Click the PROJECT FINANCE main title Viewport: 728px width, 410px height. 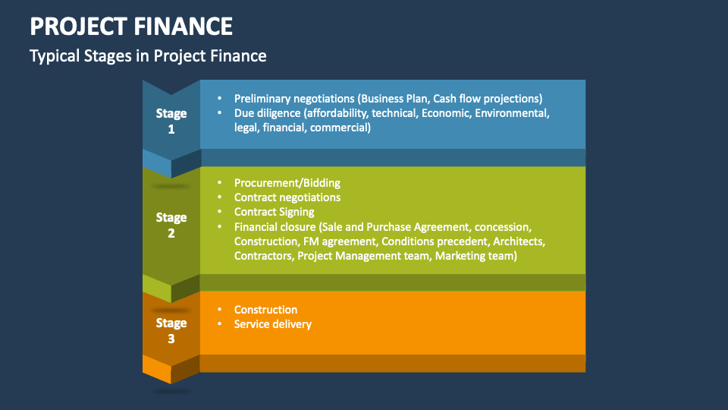tap(131, 27)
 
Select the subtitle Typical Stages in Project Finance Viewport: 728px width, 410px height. tap(148, 55)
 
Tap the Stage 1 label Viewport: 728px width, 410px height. tap(171, 121)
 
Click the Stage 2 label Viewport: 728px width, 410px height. tap(171, 225)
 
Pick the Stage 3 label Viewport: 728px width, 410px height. tap(171, 330)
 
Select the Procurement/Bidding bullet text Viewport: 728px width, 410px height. tap(287, 183)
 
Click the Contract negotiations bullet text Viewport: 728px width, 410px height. tap(287, 197)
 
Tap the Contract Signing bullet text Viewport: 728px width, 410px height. tap(274, 212)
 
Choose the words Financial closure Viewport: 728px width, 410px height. tap(275, 227)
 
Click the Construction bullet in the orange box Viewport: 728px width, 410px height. tap(265, 310)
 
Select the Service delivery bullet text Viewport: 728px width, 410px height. tap(273, 324)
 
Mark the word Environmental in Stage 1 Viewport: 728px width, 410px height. tap(510, 113)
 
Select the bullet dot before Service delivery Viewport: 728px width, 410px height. tap(220, 324)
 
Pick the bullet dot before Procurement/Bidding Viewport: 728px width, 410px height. tap(220, 183)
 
